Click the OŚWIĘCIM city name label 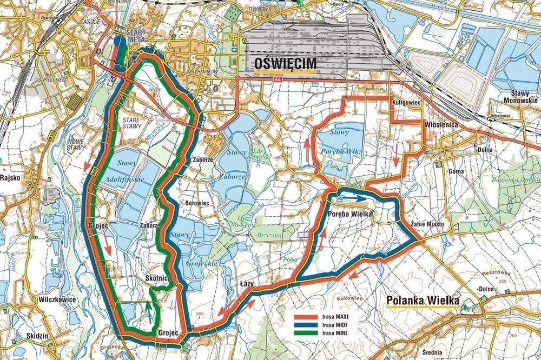285,64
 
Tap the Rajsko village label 10,177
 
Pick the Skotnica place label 158,277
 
